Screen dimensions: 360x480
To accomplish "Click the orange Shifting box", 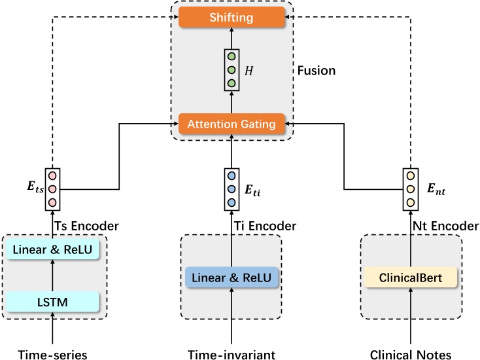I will click(x=232, y=18).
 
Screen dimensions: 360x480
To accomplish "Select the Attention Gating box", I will click(x=232, y=122).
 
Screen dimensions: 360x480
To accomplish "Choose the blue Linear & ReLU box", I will click(x=232, y=277).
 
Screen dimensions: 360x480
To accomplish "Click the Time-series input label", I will click(x=53, y=353).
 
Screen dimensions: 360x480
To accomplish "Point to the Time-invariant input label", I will click(x=232, y=353).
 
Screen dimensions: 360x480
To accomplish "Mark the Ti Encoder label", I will click(x=271, y=226).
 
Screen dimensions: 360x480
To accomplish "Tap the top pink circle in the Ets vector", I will click(x=54, y=176).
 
